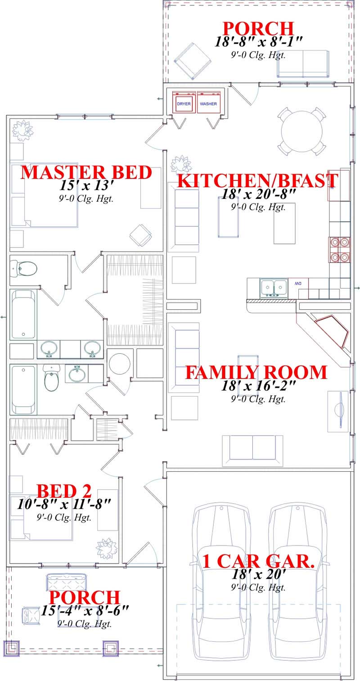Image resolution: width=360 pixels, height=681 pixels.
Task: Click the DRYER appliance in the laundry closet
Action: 184,104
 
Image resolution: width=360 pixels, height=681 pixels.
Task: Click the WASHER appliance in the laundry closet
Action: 208,104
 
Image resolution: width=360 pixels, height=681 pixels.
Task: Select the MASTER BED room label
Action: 86,173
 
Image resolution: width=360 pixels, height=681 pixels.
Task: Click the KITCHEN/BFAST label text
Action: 257,181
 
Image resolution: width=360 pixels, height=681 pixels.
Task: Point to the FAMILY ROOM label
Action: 256,373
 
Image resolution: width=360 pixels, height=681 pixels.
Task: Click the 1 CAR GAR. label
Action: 258,561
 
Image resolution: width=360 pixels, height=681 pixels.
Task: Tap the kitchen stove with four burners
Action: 340,249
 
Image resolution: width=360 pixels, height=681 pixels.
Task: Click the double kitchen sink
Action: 274,287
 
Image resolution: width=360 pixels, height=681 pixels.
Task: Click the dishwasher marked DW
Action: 298,284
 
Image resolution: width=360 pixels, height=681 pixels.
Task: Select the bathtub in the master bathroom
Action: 23,314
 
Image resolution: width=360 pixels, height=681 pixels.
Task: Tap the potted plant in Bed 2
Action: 107,548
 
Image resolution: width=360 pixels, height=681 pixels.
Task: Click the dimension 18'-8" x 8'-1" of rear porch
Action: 258,42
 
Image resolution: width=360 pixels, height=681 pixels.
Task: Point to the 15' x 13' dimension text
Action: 86,185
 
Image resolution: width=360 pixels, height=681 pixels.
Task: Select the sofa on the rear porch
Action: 302,64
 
